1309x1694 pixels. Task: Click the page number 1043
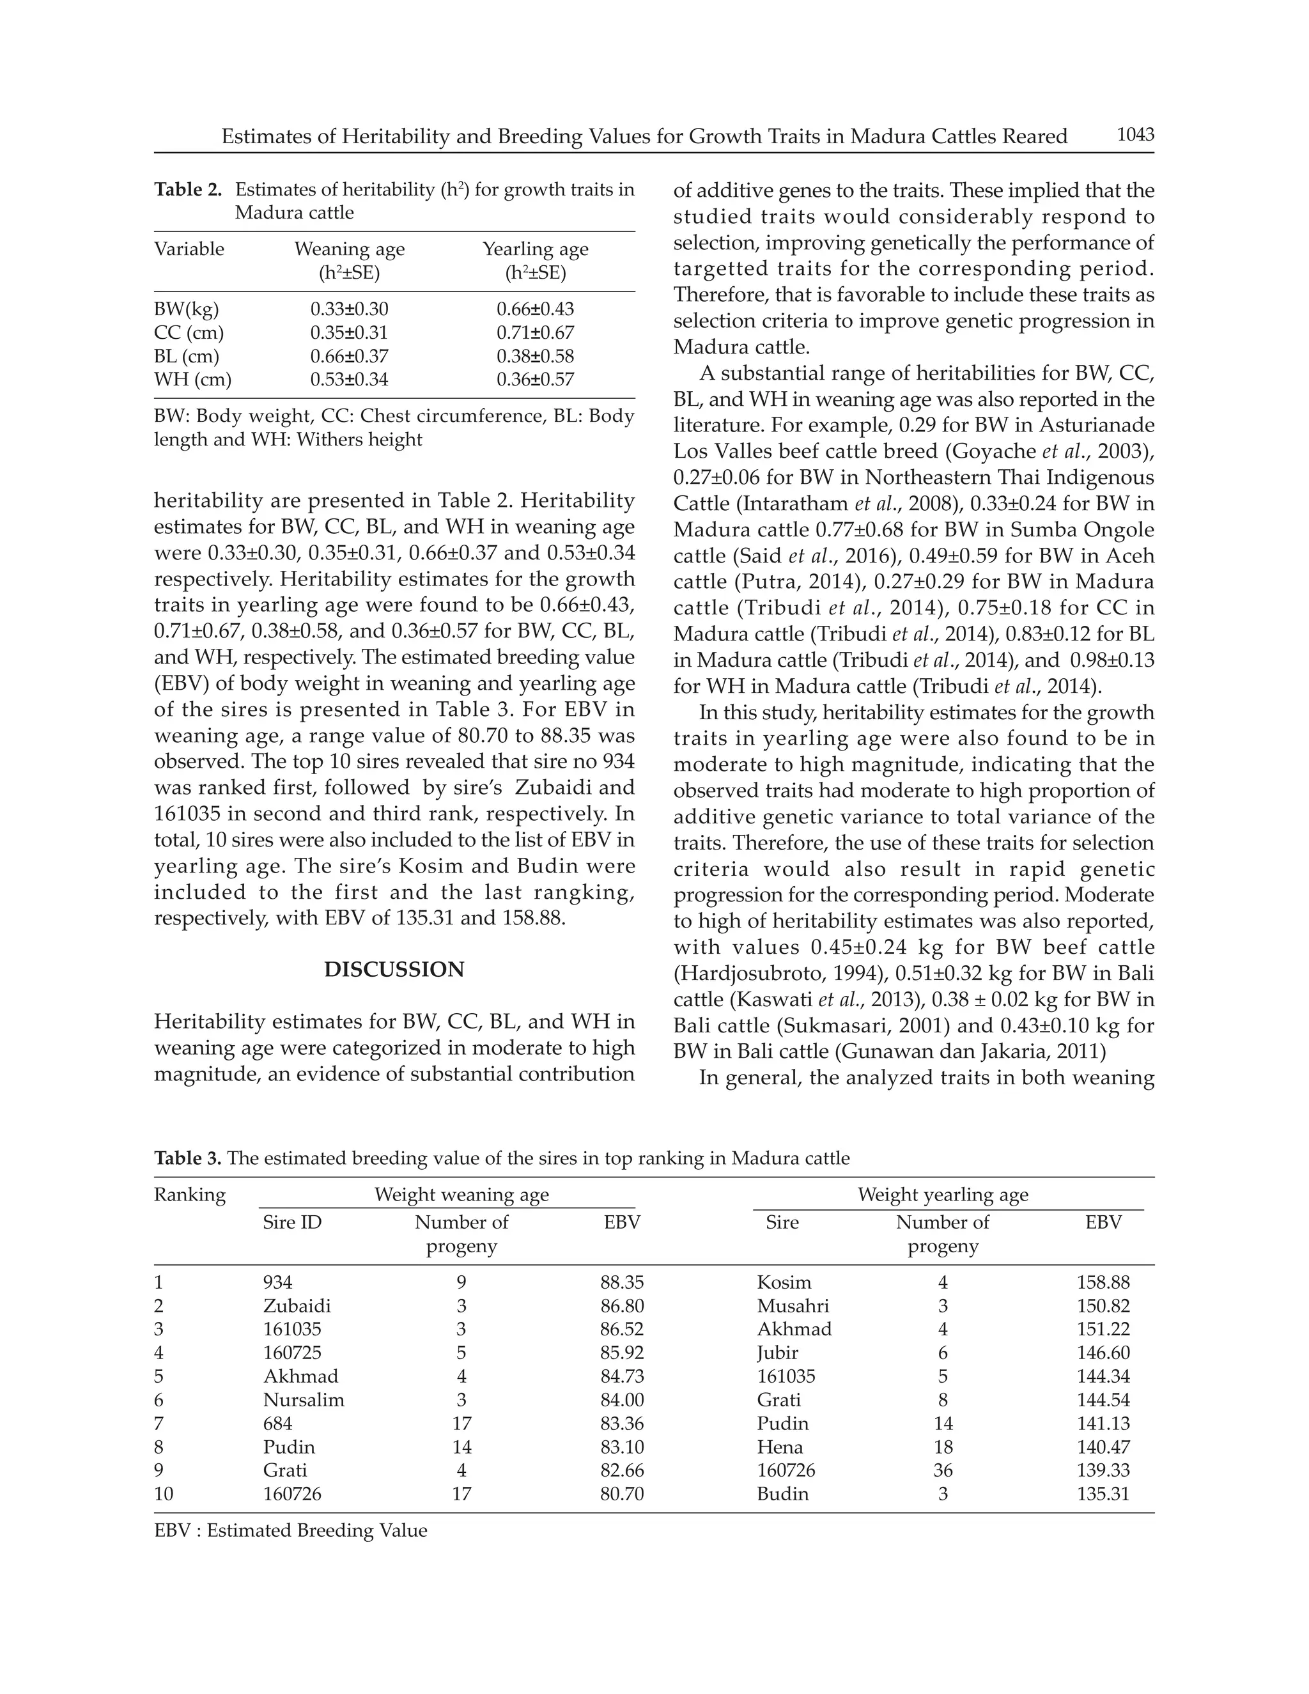[x=1135, y=135]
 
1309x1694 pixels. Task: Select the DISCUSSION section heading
[x=394, y=970]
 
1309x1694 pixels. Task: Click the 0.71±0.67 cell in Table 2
[x=535, y=333]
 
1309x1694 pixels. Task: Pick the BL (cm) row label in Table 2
[x=186, y=356]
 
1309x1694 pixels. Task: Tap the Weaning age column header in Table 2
[x=349, y=249]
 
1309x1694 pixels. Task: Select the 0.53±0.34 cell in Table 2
[x=349, y=379]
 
